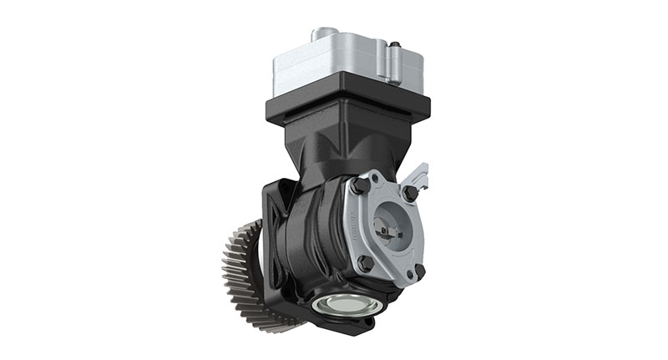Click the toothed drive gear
[x=241, y=276]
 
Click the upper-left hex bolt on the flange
[x=360, y=185]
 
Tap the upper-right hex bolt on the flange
[x=410, y=193]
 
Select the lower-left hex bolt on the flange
[x=365, y=263]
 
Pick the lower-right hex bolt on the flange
[x=418, y=271]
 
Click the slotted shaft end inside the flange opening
[x=389, y=227]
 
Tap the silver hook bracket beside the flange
[x=421, y=176]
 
